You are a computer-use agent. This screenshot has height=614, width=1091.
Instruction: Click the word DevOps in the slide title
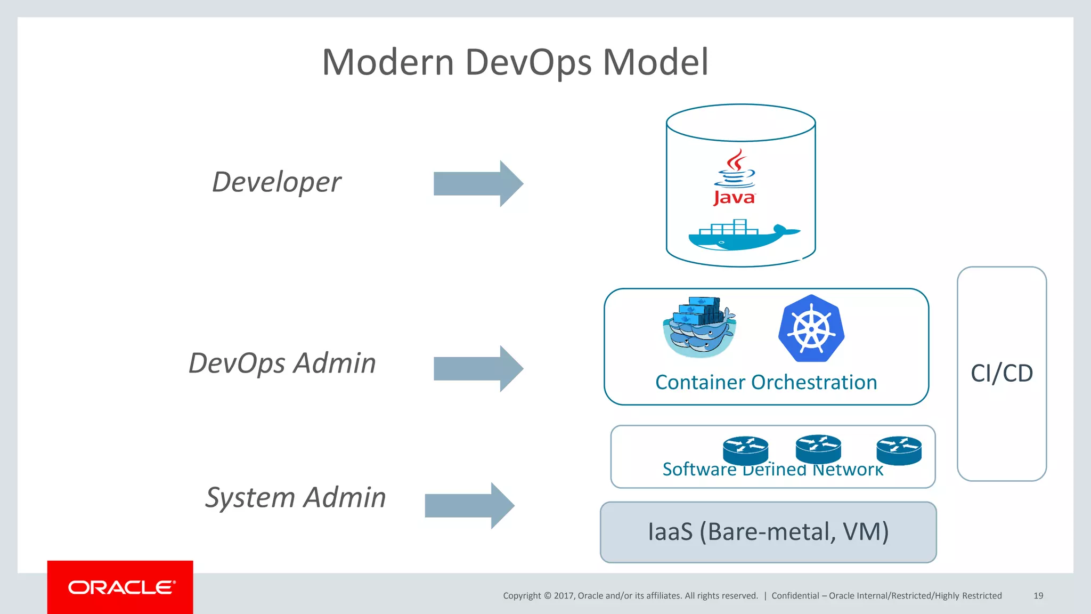(x=528, y=62)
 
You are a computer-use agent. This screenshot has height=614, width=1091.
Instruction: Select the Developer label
(x=276, y=183)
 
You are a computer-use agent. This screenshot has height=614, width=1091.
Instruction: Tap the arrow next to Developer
(x=478, y=183)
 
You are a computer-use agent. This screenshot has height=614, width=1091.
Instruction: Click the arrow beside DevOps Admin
(x=478, y=369)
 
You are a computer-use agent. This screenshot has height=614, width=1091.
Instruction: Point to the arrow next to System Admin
(x=469, y=506)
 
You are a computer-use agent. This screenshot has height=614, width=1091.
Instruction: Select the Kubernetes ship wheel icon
(x=811, y=328)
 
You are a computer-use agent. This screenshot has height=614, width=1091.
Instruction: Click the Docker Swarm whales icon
(x=699, y=327)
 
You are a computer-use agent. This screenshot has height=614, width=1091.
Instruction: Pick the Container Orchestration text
(x=766, y=383)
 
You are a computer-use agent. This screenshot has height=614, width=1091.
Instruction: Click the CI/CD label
(x=1002, y=373)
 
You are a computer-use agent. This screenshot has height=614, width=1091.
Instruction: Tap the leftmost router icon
(x=745, y=450)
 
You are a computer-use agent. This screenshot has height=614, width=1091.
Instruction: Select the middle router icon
(x=818, y=449)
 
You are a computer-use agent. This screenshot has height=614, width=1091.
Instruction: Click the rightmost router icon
(x=899, y=450)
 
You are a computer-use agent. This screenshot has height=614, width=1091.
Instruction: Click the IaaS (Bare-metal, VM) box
(x=768, y=532)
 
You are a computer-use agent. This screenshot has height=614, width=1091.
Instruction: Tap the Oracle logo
(x=121, y=587)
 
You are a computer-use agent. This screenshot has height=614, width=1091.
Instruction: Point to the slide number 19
(x=1038, y=596)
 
